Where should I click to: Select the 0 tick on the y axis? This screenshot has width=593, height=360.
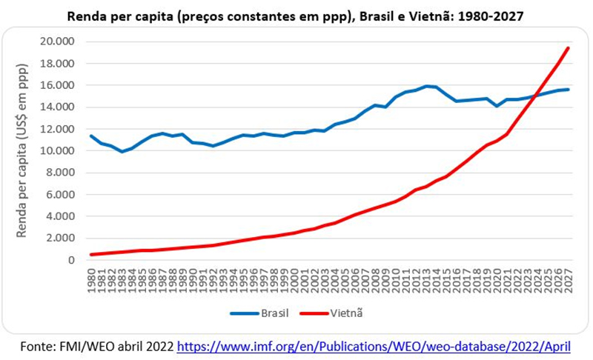click(72, 261)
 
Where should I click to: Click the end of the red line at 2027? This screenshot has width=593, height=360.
click(568, 48)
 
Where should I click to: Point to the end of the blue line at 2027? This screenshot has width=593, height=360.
click(568, 90)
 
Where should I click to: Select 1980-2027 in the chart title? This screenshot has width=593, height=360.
click(490, 16)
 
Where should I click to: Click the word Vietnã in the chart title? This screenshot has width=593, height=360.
click(433, 16)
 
